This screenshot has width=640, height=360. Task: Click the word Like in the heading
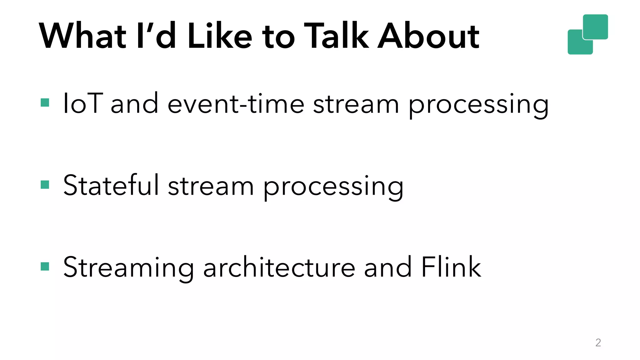219,36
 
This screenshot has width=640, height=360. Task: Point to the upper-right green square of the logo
596,27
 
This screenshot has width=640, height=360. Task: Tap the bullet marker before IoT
45,103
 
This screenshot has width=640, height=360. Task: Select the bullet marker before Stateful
45,185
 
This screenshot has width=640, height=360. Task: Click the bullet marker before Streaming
45,267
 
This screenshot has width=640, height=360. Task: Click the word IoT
82,103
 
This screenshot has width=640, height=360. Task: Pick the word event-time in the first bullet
236,103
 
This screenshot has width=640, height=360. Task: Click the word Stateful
111,185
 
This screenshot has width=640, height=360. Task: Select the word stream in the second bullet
211,187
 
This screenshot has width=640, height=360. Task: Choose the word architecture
279,267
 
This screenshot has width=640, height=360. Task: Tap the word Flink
451,267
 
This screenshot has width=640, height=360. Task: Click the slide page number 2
598,342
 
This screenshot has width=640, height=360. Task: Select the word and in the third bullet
388,267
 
